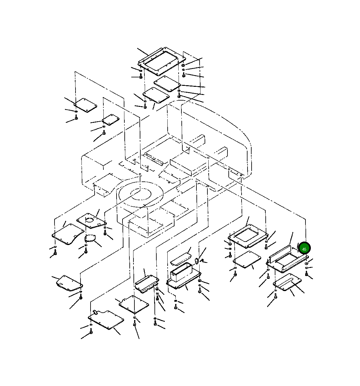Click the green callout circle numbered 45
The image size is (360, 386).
point(304,249)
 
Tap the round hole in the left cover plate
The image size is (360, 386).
point(90,220)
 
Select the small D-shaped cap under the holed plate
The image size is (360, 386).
point(90,238)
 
